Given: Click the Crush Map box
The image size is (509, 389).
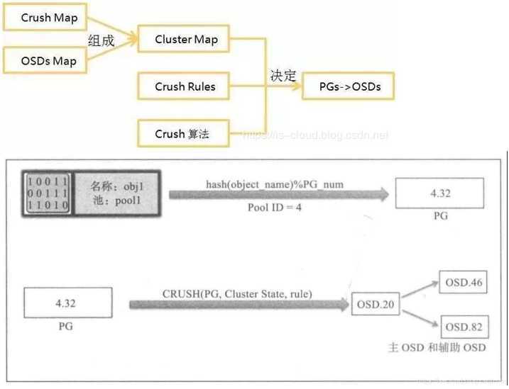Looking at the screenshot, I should click(x=45, y=18).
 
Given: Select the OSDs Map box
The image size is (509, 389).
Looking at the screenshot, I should click(x=45, y=61).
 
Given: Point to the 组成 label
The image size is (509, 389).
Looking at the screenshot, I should click(x=101, y=41).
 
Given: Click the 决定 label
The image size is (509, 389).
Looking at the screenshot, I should click(x=283, y=76).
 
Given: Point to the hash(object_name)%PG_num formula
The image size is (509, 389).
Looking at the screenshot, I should click(x=275, y=184).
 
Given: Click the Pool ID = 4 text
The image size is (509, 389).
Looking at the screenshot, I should click(x=275, y=208).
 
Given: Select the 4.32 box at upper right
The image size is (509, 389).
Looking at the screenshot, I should click(x=440, y=192).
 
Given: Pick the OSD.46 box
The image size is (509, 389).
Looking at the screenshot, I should click(x=464, y=283).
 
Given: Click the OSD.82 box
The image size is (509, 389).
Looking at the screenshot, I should click(x=464, y=327).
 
